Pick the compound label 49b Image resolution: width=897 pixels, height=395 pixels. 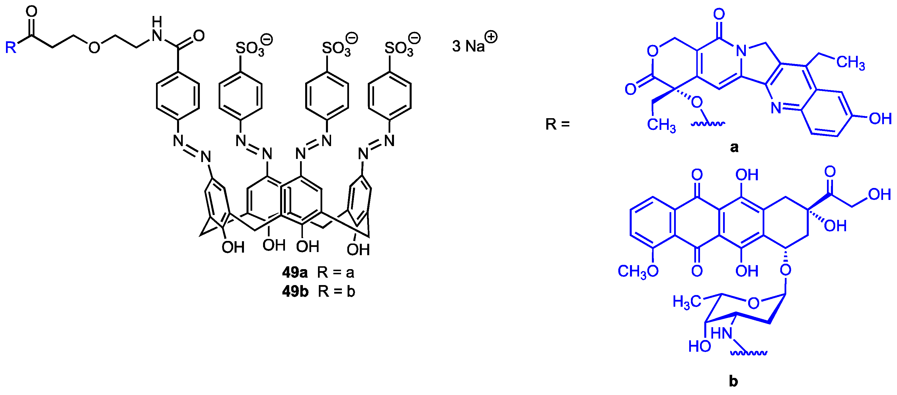point(295,292)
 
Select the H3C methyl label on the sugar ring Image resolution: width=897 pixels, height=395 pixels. point(686,302)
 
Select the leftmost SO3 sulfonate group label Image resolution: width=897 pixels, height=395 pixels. point(250,49)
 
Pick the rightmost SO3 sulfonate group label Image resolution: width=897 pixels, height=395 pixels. point(399,49)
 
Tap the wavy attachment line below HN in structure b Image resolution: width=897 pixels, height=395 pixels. point(749,353)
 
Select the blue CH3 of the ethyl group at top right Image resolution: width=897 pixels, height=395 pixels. point(850,63)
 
